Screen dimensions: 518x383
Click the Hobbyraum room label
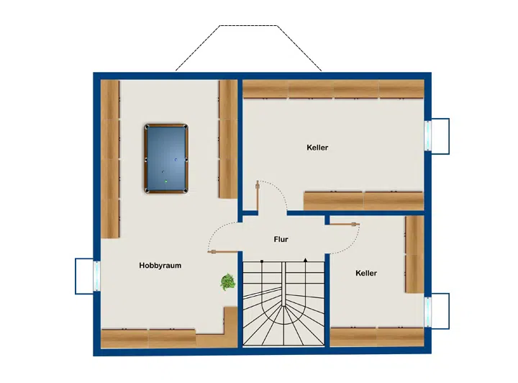click(x=160, y=266)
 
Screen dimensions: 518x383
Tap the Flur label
click(x=281, y=239)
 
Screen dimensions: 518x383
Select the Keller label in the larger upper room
click(x=317, y=148)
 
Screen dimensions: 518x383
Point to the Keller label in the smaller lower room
click(x=366, y=273)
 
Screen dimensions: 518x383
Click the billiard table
click(x=166, y=158)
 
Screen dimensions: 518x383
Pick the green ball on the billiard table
click(x=166, y=181)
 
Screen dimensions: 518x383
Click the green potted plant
click(x=228, y=282)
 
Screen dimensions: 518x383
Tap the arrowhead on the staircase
click(x=306, y=260)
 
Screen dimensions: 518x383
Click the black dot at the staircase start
click(x=262, y=261)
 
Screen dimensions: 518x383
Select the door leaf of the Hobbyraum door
click(x=222, y=252)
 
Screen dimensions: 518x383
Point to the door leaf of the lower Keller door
click(x=344, y=225)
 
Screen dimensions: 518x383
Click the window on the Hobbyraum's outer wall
click(x=96, y=276)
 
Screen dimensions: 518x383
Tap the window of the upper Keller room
click(x=428, y=136)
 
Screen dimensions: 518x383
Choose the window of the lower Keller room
click(x=428, y=311)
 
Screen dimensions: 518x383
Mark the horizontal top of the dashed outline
click(x=248, y=26)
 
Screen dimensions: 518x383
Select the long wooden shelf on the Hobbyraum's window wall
click(x=110, y=159)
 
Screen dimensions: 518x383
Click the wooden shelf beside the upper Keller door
click(x=364, y=201)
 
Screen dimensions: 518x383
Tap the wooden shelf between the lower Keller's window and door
click(x=415, y=254)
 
